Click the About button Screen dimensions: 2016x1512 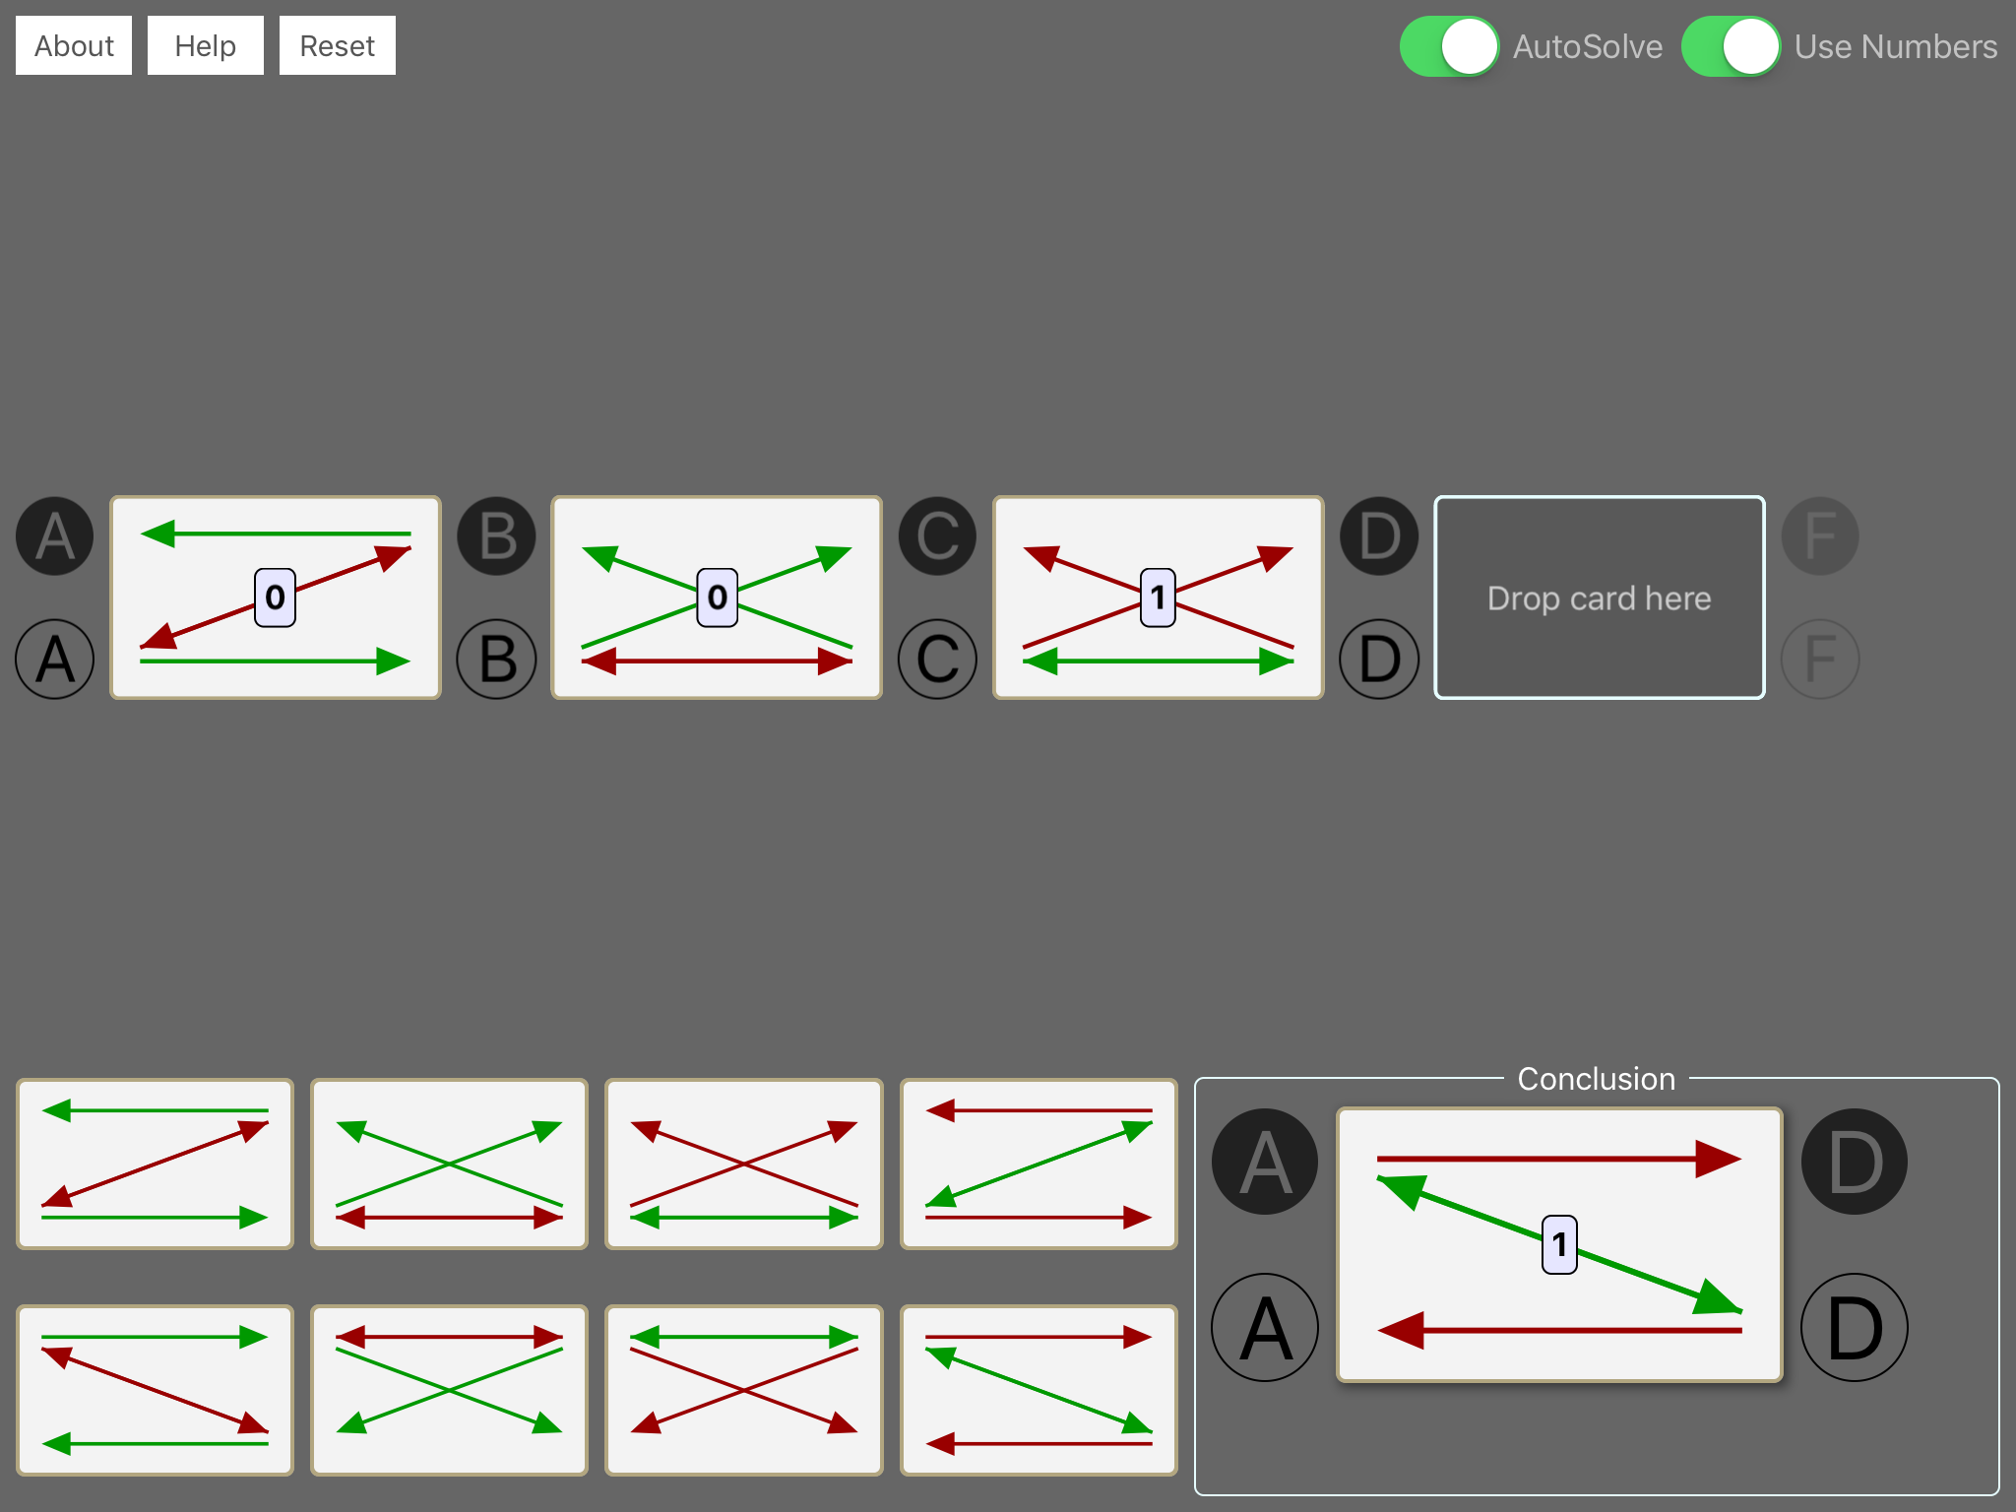point(74,45)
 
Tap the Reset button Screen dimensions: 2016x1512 point(337,45)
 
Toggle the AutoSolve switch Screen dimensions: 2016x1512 point(1449,46)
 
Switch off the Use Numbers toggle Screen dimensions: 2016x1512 point(1731,46)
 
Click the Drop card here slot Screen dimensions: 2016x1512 point(1600,598)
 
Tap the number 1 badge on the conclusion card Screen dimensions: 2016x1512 point(1559,1244)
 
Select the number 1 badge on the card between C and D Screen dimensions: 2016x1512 point(1158,598)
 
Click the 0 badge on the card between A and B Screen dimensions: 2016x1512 point(275,598)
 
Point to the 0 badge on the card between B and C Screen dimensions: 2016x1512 point(717,598)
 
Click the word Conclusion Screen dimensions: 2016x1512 point(1596,1079)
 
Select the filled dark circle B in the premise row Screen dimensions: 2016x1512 point(497,536)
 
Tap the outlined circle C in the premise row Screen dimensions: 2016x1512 point(938,659)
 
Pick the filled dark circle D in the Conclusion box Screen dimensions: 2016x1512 point(1855,1162)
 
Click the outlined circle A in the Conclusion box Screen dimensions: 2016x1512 point(1265,1328)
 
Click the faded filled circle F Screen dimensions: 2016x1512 point(1821,536)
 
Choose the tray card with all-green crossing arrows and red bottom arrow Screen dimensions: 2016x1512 point(449,1165)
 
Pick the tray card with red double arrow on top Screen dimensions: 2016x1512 point(449,1390)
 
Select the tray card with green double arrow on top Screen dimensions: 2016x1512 point(744,1390)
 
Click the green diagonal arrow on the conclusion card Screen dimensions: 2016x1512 point(1559,1244)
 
